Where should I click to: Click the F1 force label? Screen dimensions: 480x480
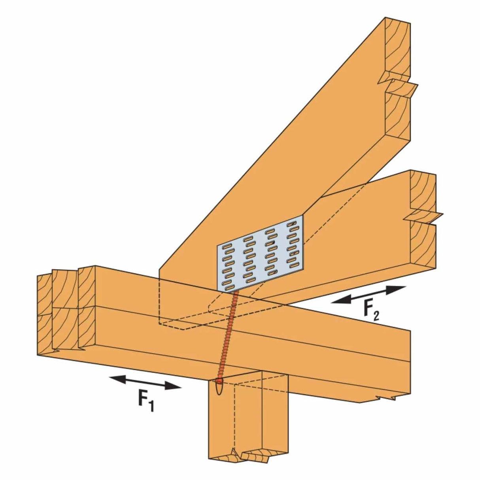[145, 402]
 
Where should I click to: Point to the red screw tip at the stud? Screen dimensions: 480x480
[219, 381]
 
